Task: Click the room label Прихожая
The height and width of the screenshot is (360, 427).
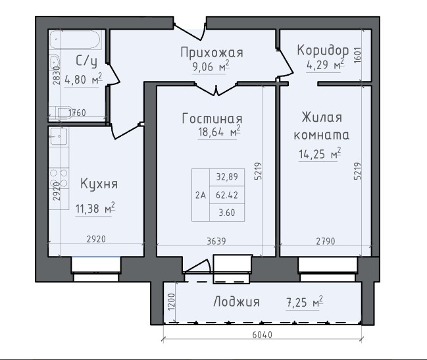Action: coord(212,53)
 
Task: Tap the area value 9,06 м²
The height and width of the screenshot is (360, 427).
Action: coord(211,66)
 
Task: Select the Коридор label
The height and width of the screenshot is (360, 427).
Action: coord(323,50)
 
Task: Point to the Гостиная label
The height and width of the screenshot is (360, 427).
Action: coord(212,118)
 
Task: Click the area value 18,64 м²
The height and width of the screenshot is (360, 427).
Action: coord(219,132)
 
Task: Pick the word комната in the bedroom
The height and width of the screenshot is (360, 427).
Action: coord(322,135)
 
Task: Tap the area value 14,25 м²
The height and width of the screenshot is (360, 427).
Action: coord(320,154)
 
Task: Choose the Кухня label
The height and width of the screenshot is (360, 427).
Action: coord(99,184)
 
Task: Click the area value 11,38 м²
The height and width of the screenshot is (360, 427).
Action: coord(95,209)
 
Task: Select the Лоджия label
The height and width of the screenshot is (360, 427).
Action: coord(236,302)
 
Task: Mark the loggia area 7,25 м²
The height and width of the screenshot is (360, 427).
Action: coord(305,302)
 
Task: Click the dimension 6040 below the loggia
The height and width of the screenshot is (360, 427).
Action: coord(263,334)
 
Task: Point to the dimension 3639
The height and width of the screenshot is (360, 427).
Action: coord(216,242)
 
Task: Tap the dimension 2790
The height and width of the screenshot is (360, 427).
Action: coord(326,242)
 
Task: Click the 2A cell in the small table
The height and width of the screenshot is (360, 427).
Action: coord(201,195)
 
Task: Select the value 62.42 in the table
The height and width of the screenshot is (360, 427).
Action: coord(227,195)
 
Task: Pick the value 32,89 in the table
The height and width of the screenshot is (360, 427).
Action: coord(227,177)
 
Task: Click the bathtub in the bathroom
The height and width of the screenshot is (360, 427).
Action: coord(76,39)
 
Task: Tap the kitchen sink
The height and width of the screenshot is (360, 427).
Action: coord(59,136)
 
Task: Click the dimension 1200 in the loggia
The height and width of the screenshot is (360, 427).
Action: coord(171,302)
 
